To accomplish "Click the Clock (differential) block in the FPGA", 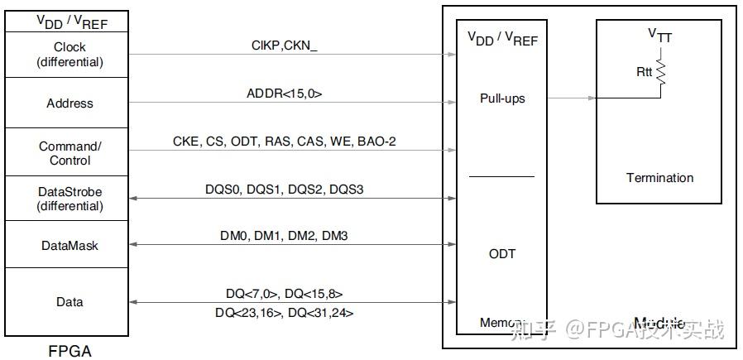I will click(x=69, y=55).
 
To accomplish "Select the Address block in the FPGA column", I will click(x=69, y=103).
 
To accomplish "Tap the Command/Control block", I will click(x=69, y=153).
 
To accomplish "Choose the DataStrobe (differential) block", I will click(x=69, y=199).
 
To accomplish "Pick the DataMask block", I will click(x=69, y=245).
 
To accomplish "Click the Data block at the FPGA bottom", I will click(x=69, y=302).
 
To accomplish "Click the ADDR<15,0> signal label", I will click(x=284, y=94).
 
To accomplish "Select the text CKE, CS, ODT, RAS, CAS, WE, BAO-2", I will click(x=284, y=142).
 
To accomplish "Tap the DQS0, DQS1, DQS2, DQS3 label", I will click(x=284, y=190).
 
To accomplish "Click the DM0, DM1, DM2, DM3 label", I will click(x=284, y=236).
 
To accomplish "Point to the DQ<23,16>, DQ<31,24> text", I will click(x=285, y=312).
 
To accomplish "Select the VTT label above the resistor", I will click(x=659, y=35).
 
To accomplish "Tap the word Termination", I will click(x=659, y=178).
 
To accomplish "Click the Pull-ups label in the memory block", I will click(x=502, y=98).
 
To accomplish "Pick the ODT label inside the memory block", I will click(x=502, y=253).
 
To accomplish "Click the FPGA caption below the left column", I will click(x=69, y=351).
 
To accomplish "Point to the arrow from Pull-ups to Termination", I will click(x=571, y=98).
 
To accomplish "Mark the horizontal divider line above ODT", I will click(x=502, y=176).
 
